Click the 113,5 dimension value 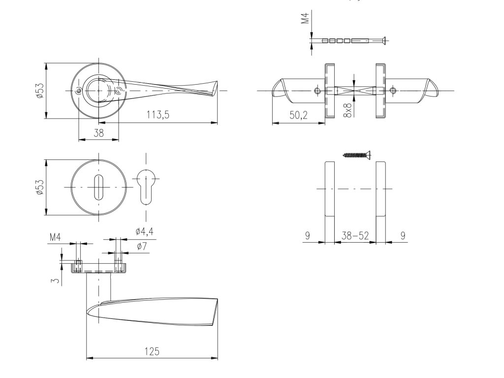click(x=158, y=115)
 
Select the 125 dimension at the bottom click(x=152, y=351)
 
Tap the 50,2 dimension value click(x=299, y=115)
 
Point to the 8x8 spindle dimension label click(x=348, y=110)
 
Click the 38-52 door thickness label click(x=355, y=236)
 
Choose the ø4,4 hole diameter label click(x=144, y=231)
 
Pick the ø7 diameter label click(x=142, y=247)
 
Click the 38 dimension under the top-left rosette click(x=98, y=133)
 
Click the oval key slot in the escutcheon click(x=98, y=187)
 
